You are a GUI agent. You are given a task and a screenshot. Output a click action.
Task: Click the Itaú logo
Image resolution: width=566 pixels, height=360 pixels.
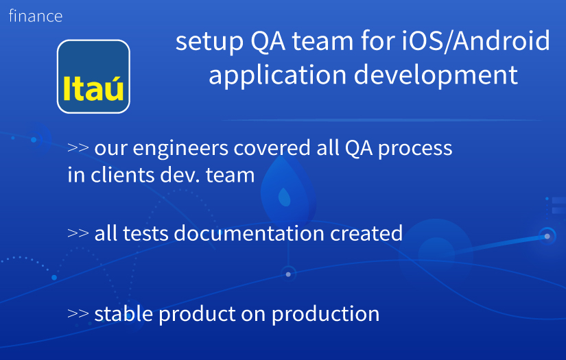93,77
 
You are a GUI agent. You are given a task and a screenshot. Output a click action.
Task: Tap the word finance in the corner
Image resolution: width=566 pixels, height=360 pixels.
36,16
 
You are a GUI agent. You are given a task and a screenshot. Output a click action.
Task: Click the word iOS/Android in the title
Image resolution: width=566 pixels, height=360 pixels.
476,41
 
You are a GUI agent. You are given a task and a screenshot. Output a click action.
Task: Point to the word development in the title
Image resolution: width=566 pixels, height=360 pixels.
436,75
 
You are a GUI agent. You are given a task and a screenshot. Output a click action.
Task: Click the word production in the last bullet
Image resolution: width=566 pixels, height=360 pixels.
326,314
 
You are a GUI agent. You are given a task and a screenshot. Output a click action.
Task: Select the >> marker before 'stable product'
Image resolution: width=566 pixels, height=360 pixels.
78,314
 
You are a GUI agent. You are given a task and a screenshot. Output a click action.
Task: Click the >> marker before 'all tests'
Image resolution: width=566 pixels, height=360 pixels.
78,233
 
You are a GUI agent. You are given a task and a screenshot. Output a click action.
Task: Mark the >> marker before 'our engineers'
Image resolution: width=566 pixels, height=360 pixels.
78,148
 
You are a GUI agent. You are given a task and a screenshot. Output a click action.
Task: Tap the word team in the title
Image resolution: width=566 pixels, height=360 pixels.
322,41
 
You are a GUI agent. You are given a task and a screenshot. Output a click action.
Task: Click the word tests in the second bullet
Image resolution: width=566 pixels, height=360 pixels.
145,234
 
